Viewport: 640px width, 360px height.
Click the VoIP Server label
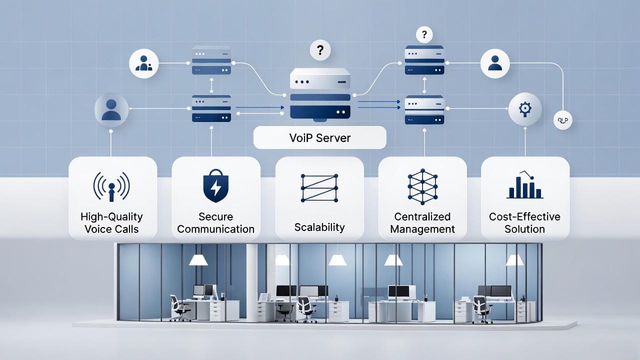(320, 137)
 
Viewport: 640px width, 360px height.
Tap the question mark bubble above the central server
(320, 50)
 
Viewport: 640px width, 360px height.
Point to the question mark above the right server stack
(424, 35)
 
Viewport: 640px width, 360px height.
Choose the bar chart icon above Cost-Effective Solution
(525, 186)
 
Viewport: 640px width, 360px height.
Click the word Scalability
(319, 227)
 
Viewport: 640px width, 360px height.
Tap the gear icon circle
(524, 108)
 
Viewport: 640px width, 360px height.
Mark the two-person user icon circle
(143, 63)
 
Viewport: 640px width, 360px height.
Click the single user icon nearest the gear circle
(495, 63)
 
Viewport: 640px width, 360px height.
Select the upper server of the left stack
(211, 60)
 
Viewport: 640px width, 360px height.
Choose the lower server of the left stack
(211, 108)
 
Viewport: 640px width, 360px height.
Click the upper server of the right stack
(424, 60)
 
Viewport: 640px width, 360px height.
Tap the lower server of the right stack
(424, 108)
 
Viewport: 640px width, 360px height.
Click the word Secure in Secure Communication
(215, 216)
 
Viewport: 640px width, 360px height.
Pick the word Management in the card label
(422, 229)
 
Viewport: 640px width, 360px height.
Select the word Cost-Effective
(525, 216)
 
